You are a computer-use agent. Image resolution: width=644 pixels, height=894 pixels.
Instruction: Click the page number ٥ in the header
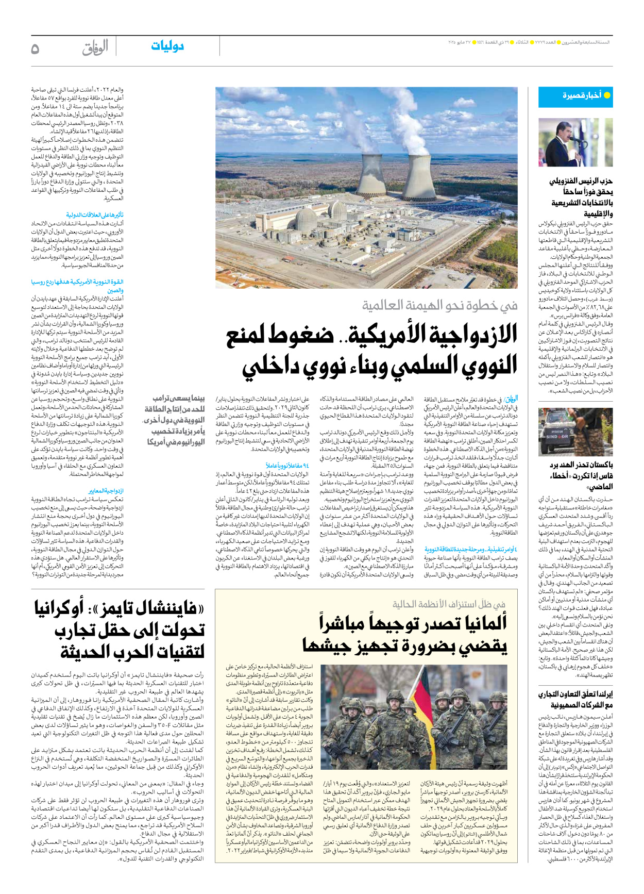pos(35,48)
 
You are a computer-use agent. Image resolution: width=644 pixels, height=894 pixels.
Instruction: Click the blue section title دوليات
pos(167,46)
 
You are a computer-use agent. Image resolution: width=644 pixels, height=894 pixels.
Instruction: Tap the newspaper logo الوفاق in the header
pos(95,48)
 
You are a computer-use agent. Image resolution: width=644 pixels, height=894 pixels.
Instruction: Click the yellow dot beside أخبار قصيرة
pos(607,95)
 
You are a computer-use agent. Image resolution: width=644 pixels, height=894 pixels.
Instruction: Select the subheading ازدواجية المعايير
pos(106,491)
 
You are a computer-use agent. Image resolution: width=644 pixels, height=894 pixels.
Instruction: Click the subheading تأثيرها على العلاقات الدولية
pos(95,215)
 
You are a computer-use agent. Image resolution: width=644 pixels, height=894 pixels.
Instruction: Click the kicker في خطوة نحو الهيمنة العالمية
pos(439,306)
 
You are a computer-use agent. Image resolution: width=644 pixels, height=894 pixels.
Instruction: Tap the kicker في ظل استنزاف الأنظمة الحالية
pos(449,604)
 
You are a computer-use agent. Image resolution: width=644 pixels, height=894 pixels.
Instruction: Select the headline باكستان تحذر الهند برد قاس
pos(581,475)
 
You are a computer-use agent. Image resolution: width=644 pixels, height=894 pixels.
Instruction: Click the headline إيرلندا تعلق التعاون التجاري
pos(575,699)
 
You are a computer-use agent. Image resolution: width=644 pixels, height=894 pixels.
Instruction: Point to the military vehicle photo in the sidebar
pos(575,432)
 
